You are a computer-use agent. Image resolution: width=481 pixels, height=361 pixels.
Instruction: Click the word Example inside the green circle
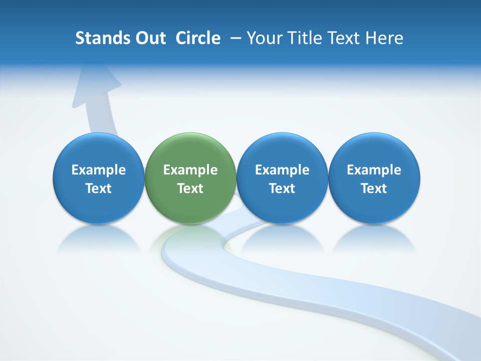[190, 170]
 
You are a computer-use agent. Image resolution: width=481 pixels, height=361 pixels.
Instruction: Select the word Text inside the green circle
[190, 189]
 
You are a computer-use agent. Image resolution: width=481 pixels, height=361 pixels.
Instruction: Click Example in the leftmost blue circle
[99, 170]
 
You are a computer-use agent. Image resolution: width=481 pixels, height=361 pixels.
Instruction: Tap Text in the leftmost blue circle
[99, 189]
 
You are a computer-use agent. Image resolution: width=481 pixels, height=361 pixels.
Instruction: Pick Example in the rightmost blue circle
[374, 170]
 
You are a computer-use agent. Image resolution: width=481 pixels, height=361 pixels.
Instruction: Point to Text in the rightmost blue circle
[374, 189]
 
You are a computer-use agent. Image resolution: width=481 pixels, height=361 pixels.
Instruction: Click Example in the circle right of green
[282, 170]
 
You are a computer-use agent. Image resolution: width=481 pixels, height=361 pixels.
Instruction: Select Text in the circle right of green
[282, 189]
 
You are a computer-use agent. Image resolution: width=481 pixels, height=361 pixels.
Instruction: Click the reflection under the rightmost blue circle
[374, 240]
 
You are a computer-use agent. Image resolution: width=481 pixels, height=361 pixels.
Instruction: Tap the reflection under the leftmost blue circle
[99, 240]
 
